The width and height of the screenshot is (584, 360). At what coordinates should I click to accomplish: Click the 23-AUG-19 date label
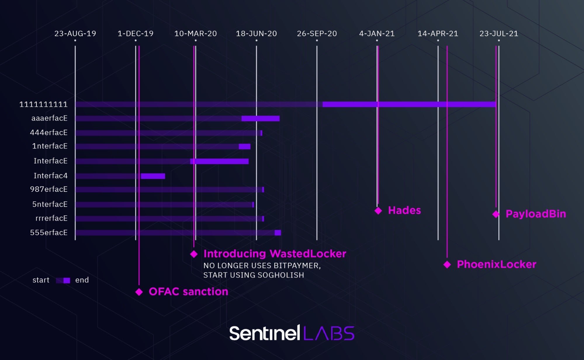tap(75, 34)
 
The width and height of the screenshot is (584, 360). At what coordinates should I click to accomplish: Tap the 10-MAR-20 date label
tap(195, 34)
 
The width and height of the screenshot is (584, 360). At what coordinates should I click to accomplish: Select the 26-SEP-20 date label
tap(317, 34)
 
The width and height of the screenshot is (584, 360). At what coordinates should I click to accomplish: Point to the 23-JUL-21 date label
tap(499, 34)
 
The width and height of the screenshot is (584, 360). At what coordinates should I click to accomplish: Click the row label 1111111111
tap(43, 104)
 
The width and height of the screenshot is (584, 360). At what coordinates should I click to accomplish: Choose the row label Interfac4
tap(50, 175)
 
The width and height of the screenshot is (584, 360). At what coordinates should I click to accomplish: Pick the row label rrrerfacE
tap(51, 218)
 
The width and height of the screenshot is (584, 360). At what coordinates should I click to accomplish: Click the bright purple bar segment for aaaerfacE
tap(260, 118)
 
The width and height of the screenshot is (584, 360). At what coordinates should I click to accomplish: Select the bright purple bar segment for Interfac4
tap(153, 176)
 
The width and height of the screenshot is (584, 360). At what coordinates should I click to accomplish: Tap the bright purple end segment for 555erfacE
tap(278, 232)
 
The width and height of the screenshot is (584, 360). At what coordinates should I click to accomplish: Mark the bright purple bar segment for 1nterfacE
tap(244, 146)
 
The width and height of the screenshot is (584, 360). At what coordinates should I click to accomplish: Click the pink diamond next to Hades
tap(378, 211)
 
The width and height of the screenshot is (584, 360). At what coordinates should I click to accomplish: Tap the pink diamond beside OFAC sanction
tap(139, 292)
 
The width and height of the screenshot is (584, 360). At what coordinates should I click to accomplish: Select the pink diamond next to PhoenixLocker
tap(447, 265)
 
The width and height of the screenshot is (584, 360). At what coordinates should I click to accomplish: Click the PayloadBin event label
tap(536, 214)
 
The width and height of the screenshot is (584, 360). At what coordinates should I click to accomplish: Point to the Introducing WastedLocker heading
tap(275, 253)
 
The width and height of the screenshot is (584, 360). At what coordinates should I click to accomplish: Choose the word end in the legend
tap(82, 280)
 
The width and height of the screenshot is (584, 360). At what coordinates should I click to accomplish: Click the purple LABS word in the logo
tap(329, 333)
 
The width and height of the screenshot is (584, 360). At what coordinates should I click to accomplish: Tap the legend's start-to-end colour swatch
tap(63, 280)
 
